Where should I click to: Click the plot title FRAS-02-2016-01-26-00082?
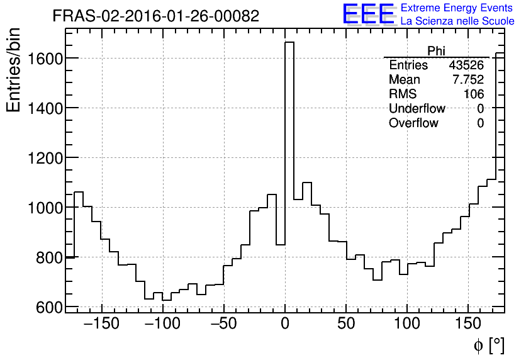pyautogui.click(x=155, y=16)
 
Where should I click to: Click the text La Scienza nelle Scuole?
pyautogui.click(x=457, y=21)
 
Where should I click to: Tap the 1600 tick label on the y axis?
pyautogui.click(x=45, y=59)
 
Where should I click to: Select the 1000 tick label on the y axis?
pyautogui.click(x=45, y=208)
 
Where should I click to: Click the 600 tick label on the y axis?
pyautogui.click(x=49, y=307)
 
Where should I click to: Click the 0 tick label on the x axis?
pyautogui.click(x=285, y=323)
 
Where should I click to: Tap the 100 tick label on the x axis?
pyautogui.click(x=407, y=323)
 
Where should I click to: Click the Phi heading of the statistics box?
pyautogui.click(x=436, y=51)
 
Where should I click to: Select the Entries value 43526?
pyautogui.click(x=466, y=65)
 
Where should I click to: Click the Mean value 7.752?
pyautogui.click(x=468, y=80)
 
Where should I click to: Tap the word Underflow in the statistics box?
pyautogui.click(x=417, y=109)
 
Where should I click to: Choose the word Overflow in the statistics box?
pyautogui.click(x=413, y=123)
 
